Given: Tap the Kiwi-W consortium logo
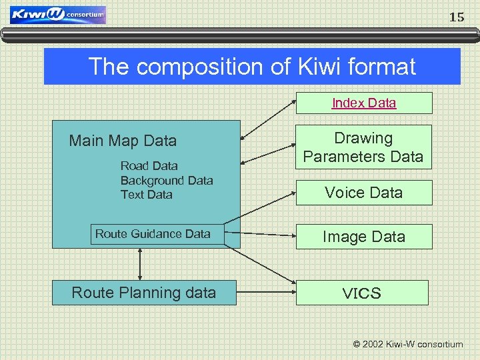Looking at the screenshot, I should tap(58, 15).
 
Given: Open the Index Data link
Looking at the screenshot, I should tap(364, 103).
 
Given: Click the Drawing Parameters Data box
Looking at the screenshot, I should tap(363, 147).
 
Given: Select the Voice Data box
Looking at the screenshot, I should tap(363, 193).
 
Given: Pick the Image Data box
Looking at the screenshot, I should tap(363, 237).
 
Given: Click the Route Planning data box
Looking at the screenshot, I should tap(143, 293).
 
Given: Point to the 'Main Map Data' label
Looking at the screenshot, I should tap(123, 141).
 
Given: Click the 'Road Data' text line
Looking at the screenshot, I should tap(149, 166).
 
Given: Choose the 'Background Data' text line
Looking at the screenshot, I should tap(167, 181).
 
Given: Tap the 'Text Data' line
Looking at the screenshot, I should tap(146, 195).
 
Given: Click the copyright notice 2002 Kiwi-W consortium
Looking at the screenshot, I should tap(407, 344).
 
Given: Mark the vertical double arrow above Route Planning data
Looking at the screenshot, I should tap(140, 264).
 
